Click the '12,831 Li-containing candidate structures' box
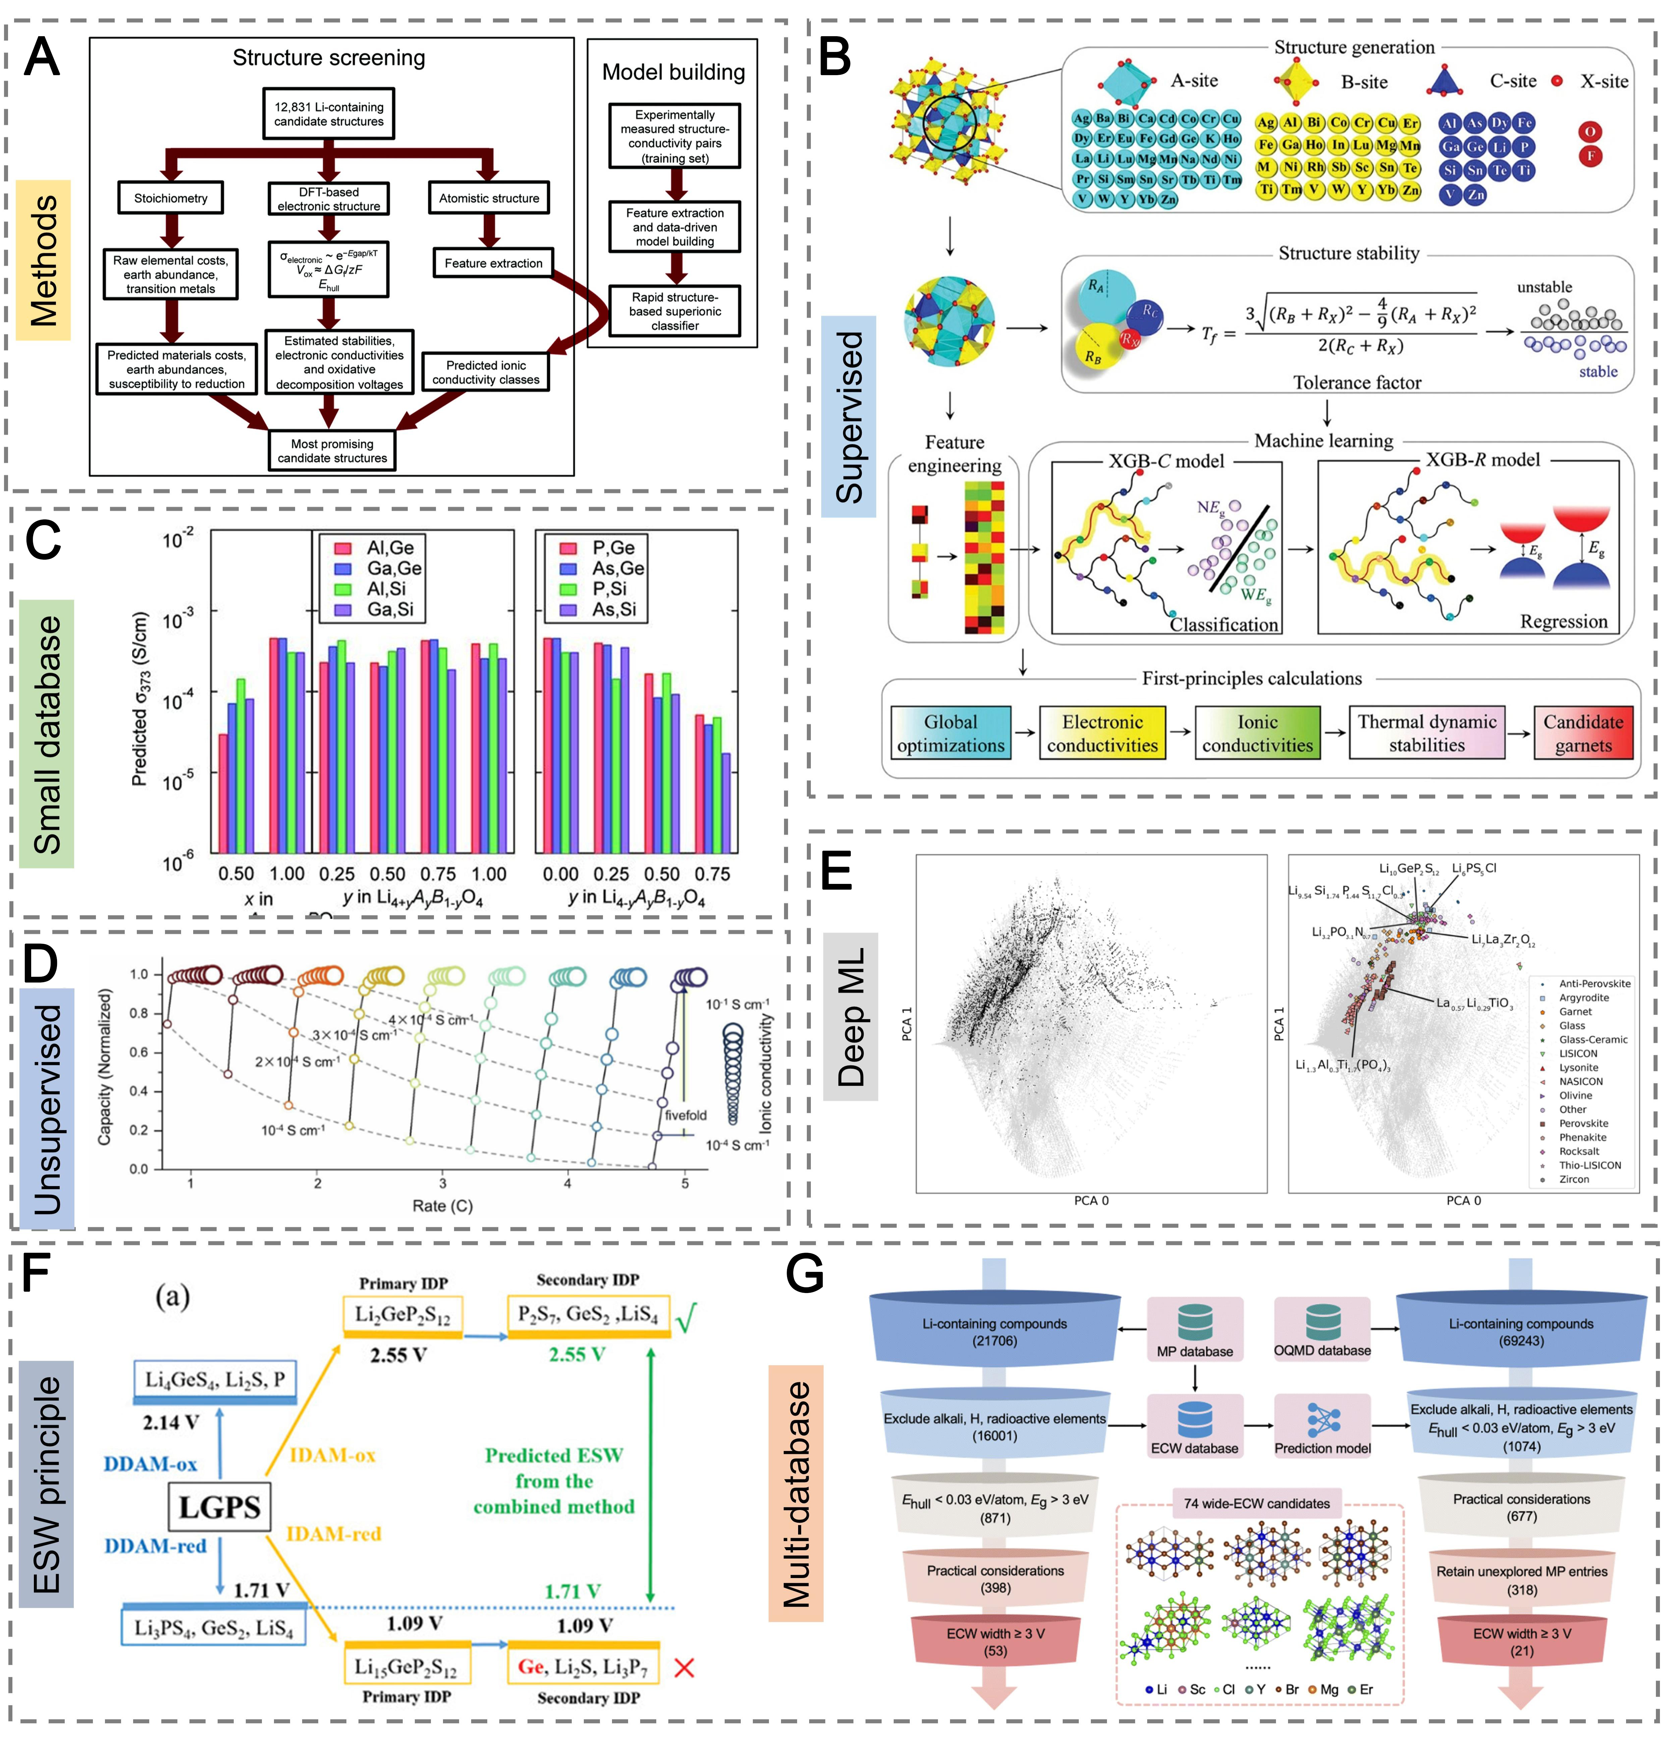click(329, 114)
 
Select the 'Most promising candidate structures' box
click(332, 450)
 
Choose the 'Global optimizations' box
click(950, 733)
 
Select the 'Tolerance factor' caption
click(1357, 383)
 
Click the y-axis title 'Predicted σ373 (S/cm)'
click(140, 699)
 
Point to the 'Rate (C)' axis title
click(442, 1205)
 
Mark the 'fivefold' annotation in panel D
click(685, 1115)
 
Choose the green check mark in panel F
click(685, 1318)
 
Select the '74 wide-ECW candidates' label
click(1257, 1503)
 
